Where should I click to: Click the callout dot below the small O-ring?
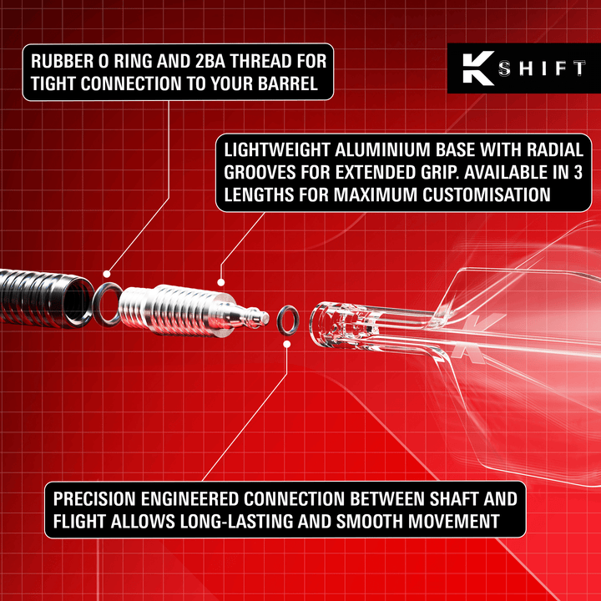287,343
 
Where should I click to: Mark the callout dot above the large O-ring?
107,273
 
